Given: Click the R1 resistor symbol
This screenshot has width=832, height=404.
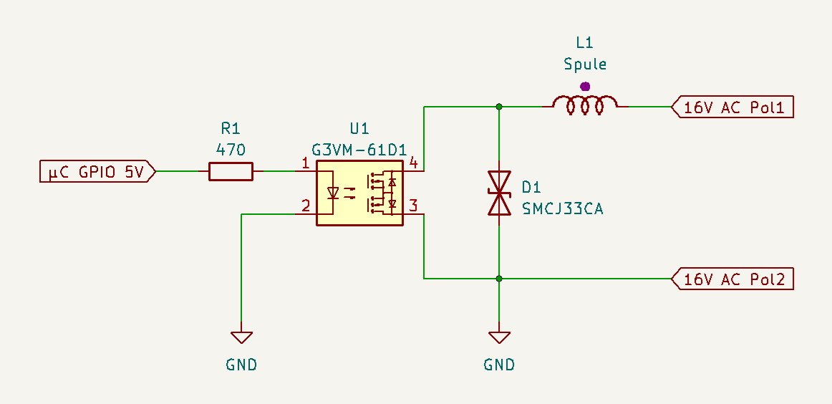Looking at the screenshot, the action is (x=231, y=171).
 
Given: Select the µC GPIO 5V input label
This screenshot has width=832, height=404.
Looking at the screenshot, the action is (x=97, y=171).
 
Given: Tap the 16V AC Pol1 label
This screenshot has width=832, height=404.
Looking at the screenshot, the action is (x=732, y=107).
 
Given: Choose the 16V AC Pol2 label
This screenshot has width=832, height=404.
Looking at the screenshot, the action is (x=732, y=279).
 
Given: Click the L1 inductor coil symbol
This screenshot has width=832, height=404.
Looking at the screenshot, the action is (x=585, y=105).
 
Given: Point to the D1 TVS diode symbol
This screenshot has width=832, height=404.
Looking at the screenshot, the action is (x=499, y=193).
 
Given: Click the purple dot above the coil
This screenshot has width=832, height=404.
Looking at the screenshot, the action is (x=585, y=86).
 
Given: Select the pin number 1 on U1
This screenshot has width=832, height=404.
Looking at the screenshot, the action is (x=305, y=163).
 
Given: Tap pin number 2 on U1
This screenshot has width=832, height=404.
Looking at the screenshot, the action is (x=305, y=206).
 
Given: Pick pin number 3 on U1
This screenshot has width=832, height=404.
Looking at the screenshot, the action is (x=414, y=206).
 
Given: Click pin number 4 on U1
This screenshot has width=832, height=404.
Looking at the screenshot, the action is (x=414, y=163).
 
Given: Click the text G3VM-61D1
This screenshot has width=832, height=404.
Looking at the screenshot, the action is (x=359, y=150).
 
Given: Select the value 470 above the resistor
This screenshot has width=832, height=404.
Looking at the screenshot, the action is (x=231, y=150).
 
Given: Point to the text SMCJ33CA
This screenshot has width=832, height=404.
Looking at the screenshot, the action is (x=563, y=209).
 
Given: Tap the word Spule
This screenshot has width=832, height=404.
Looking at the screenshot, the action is (x=585, y=64).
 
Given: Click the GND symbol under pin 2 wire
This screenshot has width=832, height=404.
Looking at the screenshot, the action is (x=241, y=337).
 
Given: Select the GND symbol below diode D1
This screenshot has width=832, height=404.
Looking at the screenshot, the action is (x=499, y=337).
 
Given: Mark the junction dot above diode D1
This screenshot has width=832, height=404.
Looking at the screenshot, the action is (x=499, y=107).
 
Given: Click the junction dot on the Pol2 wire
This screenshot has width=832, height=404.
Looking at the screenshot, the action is (x=499, y=279).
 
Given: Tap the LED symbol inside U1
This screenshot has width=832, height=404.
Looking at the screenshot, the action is (x=333, y=193).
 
